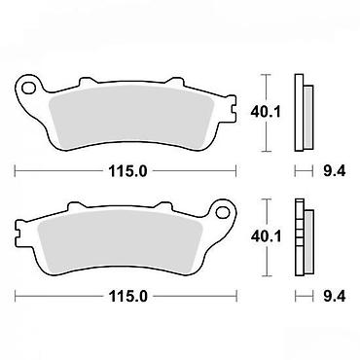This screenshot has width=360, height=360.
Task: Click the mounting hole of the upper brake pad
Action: pyautogui.click(x=28, y=88)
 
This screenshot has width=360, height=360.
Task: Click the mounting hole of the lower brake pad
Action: pyautogui.click(x=223, y=212)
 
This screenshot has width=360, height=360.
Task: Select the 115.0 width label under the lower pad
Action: pyautogui.click(x=128, y=296)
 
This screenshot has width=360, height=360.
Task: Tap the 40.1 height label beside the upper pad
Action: pyautogui.click(x=266, y=112)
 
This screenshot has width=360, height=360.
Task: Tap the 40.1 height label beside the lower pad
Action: pyautogui.click(x=266, y=236)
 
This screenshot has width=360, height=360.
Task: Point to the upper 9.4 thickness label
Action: pyautogui.click(x=335, y=171)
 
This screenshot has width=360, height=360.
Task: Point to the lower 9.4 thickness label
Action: pyautogui.click(x=335, y=296)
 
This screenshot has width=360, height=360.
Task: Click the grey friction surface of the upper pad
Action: pyautogui.click(x=129, y=116)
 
